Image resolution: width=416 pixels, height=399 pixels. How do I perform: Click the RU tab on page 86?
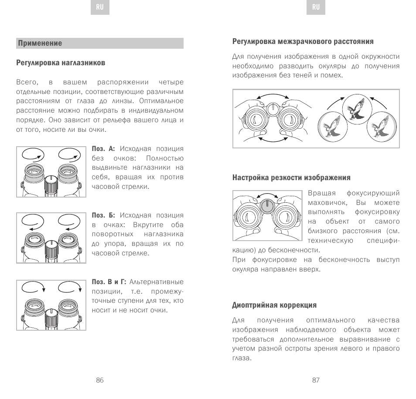[100, 8]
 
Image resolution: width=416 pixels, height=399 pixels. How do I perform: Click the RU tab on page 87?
[316, 8]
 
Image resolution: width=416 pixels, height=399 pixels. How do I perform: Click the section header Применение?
[40, 43]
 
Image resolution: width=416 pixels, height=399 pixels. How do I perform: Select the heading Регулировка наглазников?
[61, 63]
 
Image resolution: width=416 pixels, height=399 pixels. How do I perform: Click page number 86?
[100, 380]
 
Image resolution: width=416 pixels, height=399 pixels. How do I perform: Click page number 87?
[316, 380]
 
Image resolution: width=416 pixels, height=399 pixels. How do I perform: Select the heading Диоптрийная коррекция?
[274, 305]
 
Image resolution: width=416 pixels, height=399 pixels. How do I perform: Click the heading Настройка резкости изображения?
[291, 178]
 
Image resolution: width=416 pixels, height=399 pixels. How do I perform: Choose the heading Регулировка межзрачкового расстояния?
[303, 42]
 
